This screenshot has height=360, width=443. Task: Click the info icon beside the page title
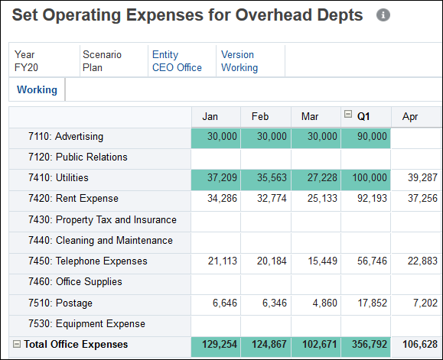pyautogui.click(x=383, y=15)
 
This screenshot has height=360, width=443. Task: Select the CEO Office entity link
pyautogui.click(x=177, y=67)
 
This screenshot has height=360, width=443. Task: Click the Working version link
pyautogui.click(x=239, y=67)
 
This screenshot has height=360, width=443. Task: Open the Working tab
pyautogui.click(x=37, y=89)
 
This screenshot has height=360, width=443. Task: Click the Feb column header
pyautogui.click(x=260, y=116)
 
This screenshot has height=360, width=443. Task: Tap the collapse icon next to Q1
pyautogui.click(x=348, y=115)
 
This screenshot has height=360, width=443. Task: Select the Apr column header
pyautogui.click(x=410, y=116)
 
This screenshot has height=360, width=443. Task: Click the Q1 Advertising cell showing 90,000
pyautogui.click(x=366, y=137)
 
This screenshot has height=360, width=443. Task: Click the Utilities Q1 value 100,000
pyautogui.click(x=366, y=178)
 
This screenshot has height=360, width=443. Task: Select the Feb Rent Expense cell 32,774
pyautogui.click(x=265, y=199)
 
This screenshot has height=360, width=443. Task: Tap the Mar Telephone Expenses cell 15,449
pyautogui.click(x=315, y=261)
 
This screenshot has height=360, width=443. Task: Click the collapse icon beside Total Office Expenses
pyautogui.click(x=17, y=344)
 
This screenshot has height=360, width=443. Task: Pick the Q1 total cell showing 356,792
pyautogui.click(x=366, y=345)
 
